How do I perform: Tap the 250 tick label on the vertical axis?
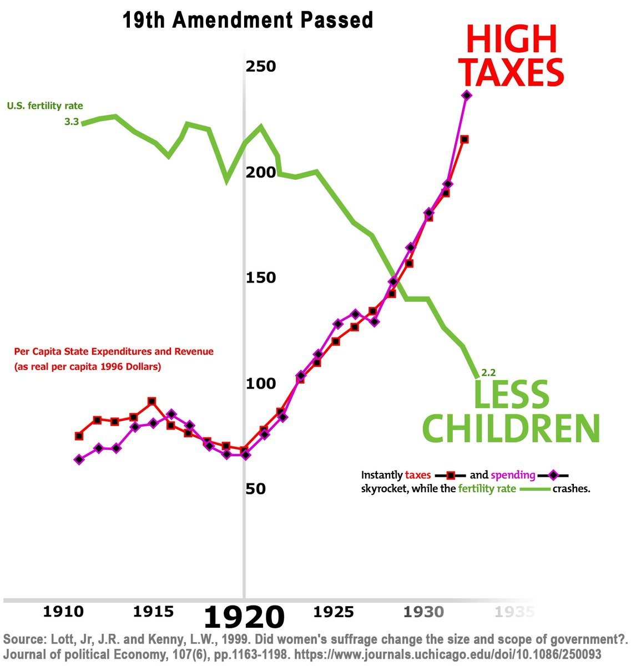tap(261, 67)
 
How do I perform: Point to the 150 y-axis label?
tap(261, 278)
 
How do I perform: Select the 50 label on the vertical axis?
tap(255, 489)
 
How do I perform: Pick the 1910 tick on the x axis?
tap(63, 612)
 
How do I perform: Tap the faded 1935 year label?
tap(514, 612)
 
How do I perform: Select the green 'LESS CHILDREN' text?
tap(511, 411)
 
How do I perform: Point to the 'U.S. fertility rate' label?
tap(45, 106)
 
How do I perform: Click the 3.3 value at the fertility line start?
tap(72, 122)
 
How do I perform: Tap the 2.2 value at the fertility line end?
tap(488, 373)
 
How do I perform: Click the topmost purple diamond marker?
tap(467, 95)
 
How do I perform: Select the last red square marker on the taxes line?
tap(465, 139)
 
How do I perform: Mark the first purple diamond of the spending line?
tap(79, 460)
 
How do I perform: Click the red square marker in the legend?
tap(451, 475)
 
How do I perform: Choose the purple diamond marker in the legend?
tap(553, 475)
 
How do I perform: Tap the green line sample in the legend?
tap(534, 489)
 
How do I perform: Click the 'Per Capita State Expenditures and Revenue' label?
tap(114, 351)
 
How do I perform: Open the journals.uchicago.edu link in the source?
tap(448, 654)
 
